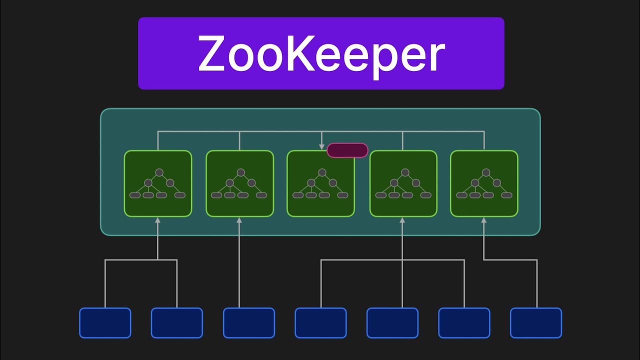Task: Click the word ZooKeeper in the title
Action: pyautogui.click(x=321, y=53)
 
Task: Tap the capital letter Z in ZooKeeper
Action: pyautogui.click(x=214, y=53)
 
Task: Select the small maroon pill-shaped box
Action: pyautogui.click(x=347, y=150)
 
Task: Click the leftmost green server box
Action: pyautogui.click(x=158, y=183)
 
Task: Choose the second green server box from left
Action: pyautogui.click(x=239, y=183)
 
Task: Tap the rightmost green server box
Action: pyautogui.click(x=484, y=183)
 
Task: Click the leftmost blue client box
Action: pyautogui.click(x=105, y=323)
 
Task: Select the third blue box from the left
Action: pyautogui.click(x=249, y=323)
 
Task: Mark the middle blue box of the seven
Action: pyautogui.click(x=320, y=323)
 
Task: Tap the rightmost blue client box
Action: pyautogui.click(x=536, y=323)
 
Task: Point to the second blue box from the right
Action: pyautogui.click(x=464, y=323)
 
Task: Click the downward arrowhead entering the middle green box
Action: pyautogui.click(x=322, y=147)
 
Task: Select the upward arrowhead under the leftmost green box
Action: pyautogui.click(x=158, y=220)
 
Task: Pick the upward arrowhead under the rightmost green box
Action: pyautogui.click(x=484, y=220)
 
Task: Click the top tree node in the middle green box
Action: pyautogui.click(x=322, y=172)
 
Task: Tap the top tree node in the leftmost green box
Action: pyautogui.click(x=159, y=172)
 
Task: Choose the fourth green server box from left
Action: pyautogui.click(x=403, y=183)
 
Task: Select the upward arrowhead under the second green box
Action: pyautogui.click(x=239, y=220)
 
